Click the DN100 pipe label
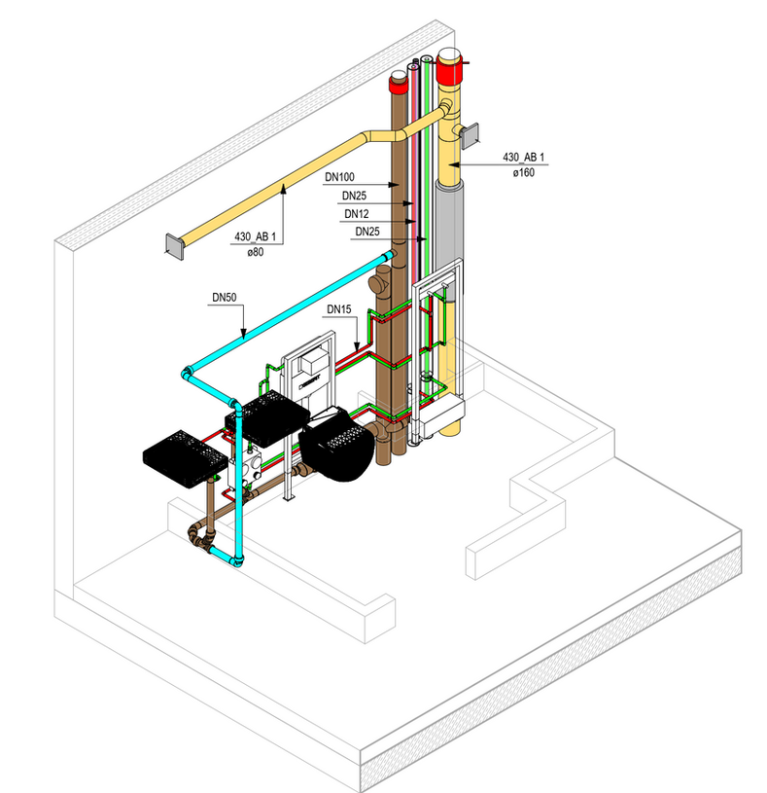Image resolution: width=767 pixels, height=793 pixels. tap(339, 178)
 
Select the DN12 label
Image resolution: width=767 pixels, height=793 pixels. tap(353, 213)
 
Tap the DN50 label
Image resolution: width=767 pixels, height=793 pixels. tap(225, 296)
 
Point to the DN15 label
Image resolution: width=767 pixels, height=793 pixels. tap(338, 309)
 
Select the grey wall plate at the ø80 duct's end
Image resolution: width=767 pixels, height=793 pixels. tap(172, 246)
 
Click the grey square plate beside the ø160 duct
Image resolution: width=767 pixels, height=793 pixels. tap(470, 136)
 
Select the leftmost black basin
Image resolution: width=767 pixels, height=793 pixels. tap(186, 453)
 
